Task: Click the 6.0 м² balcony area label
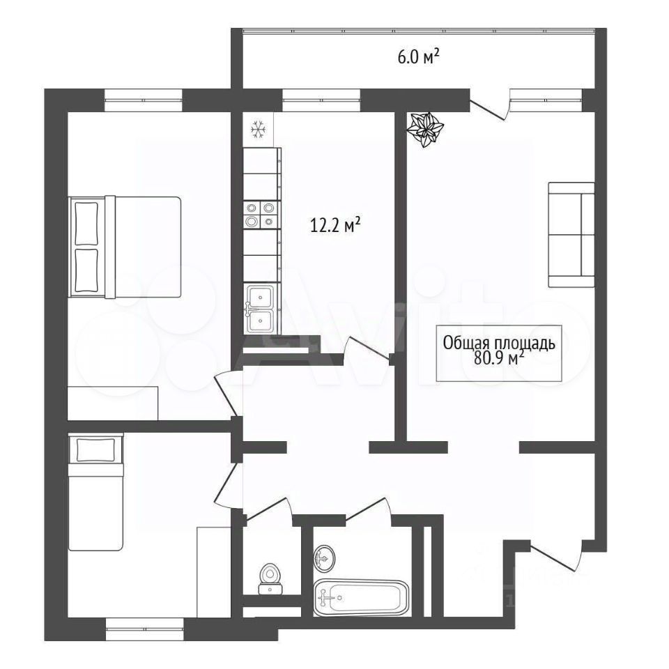[419, 56]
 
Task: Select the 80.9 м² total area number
[499, 359]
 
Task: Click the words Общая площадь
[499, 343]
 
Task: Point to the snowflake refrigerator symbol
[258, 130]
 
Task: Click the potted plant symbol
[425, 129]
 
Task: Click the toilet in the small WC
[270, 578]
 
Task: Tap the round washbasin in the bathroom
[324, 557]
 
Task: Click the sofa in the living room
[571, 235]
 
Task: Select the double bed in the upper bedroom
[125, 247]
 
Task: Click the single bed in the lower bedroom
[95, 492]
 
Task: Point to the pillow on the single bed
[96, 449]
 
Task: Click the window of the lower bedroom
[145, 629]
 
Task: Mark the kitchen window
[321, 100]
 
